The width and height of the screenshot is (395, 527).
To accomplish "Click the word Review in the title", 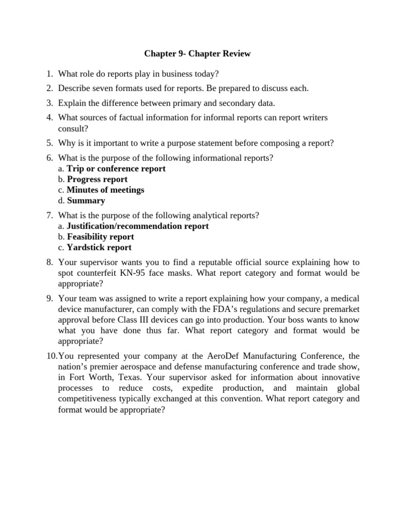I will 237,54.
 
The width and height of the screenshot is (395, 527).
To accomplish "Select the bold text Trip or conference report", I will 116,169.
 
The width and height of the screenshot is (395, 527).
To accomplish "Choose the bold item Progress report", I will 97,180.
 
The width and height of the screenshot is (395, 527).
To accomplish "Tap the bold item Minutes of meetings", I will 105,190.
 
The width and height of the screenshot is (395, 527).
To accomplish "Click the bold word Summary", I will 86,201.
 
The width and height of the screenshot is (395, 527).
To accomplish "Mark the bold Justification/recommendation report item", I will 138,226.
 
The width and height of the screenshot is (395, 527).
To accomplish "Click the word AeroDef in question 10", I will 231,356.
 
